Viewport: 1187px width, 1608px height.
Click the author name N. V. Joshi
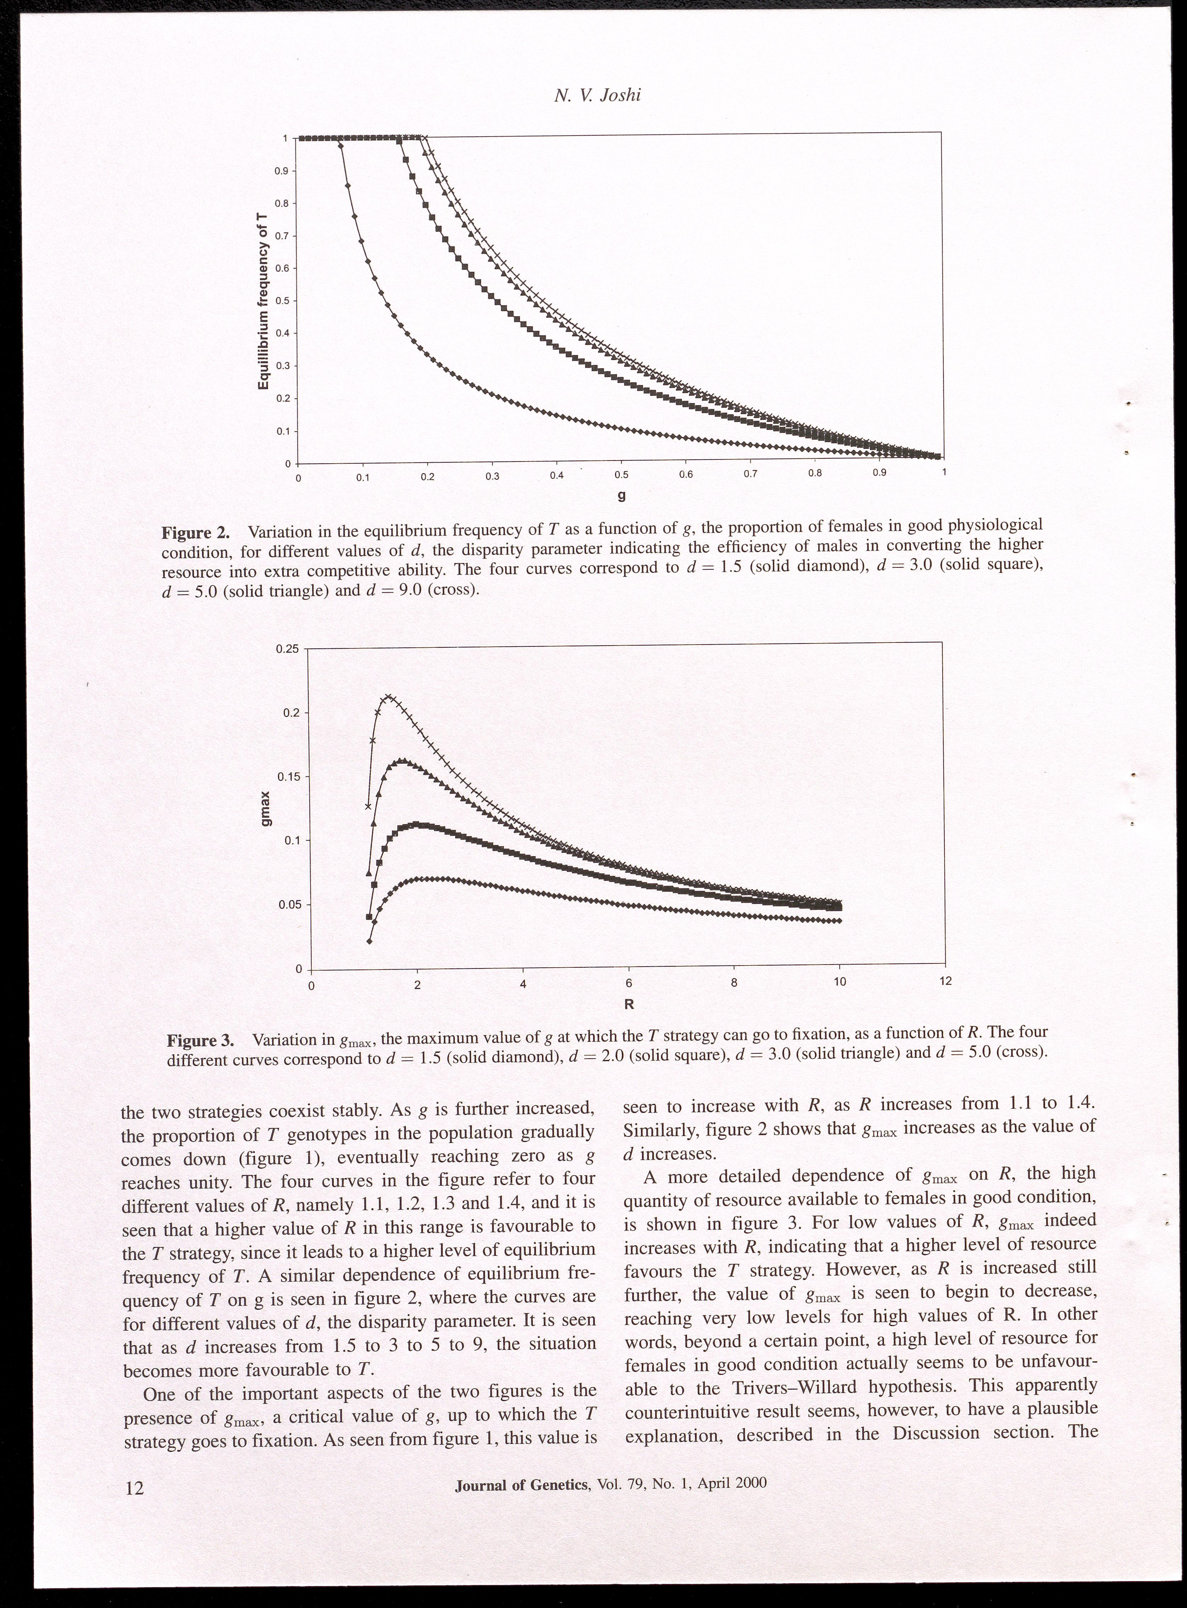click(597, 96)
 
